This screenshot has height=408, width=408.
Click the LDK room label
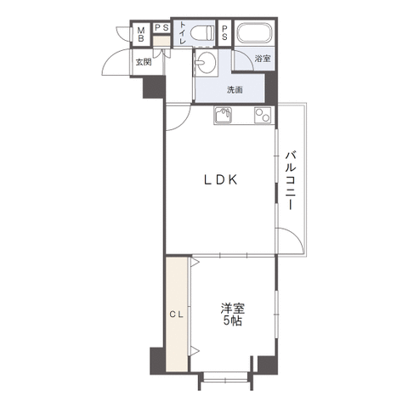click(221, 179)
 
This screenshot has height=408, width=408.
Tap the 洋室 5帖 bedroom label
click(233, 314)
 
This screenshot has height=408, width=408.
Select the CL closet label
click(177, 314)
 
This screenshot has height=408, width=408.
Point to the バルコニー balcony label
click(291, 181)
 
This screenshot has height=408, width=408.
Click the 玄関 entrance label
click(144, 62)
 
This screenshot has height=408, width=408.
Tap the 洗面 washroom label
click(235, 90)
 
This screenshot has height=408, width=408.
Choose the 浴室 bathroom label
click(263, 59)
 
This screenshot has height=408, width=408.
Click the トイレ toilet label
click(183, 33)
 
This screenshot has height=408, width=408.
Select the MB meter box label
click(141, 34)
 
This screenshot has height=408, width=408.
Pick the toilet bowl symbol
click(201, 33)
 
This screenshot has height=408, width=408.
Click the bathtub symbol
click(255, 32)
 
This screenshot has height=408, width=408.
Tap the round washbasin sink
click(207, 62)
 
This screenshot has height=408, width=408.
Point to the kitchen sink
click(223, 116)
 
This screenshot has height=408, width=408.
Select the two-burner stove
click(263, 116)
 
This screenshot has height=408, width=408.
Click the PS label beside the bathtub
click(224, 32)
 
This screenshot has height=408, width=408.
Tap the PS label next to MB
click(161, 28)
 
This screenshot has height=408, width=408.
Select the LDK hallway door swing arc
click(185, 123)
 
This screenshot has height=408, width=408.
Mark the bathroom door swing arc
click(246, 55)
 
